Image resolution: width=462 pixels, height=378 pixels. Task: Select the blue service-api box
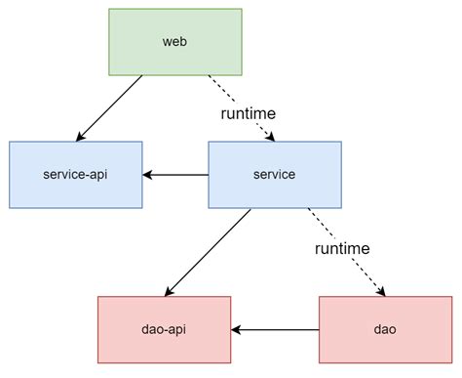pyautogui.click(x=75, y=175)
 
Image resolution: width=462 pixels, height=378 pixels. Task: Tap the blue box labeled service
pyautogui.click(x=274, y=175)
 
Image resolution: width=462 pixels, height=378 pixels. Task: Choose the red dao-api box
pyautogui.click(x=165, y=330)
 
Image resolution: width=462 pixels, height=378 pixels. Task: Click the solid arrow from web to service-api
pyautogui.click(x=110, y=107)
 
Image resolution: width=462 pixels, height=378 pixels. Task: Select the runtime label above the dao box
pyautogui.click(x=342, y=249)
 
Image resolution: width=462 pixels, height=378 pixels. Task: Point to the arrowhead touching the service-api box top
pyautogui.click(x=82, y=137)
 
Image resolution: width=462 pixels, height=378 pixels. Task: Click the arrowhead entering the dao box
pyautogui.click(x=385, y=292)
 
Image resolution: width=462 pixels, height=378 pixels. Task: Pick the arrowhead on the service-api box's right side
pyautogui.click(x=148, y=176)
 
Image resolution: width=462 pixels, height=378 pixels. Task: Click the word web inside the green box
pyautogui.click(x=175, y=42)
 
